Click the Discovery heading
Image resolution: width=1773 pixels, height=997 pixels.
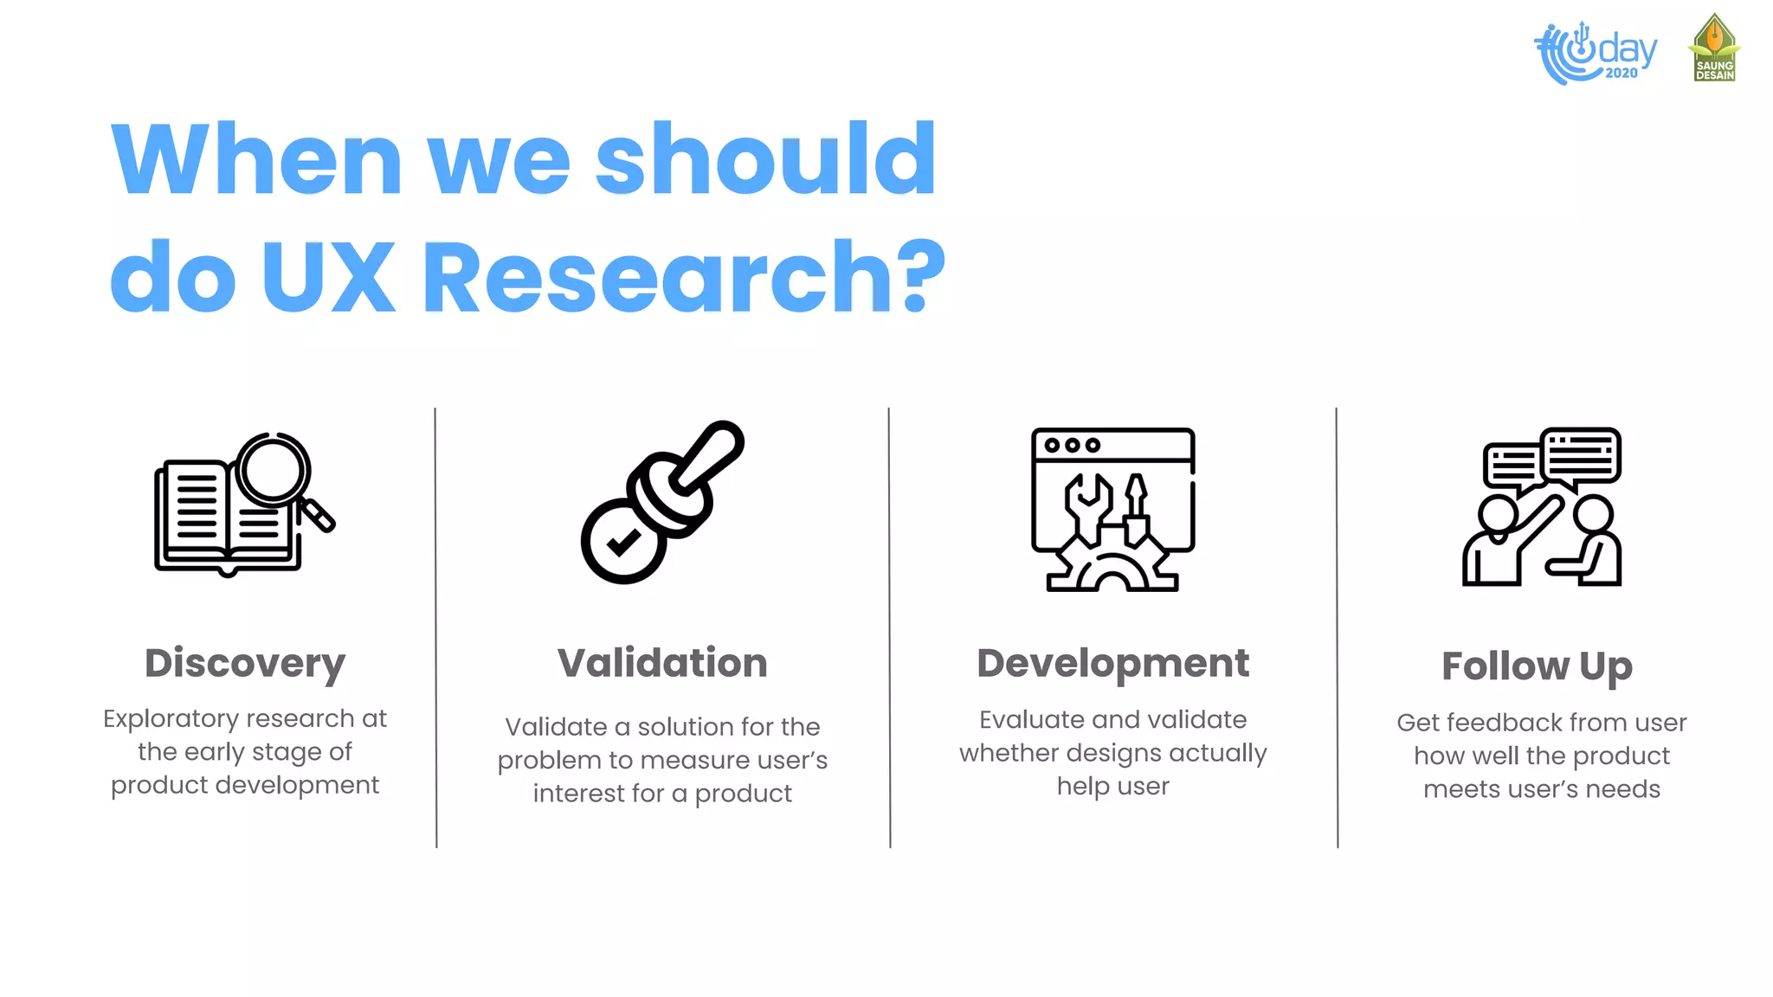[245, 664]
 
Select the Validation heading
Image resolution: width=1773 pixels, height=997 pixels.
[662, 664]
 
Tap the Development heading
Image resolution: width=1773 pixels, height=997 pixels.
[1112, 664]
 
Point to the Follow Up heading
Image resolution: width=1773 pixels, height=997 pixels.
[1537, 666]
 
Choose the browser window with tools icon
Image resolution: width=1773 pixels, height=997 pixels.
[1112, 509]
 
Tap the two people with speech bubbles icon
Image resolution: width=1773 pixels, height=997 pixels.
[1542, 507]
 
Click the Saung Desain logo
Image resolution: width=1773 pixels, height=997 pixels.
[1714, 48]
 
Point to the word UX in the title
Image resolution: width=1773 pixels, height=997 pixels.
[328, 277]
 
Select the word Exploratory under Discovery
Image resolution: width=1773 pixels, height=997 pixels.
[171, 719]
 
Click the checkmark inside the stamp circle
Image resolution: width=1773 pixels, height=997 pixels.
[623, 543]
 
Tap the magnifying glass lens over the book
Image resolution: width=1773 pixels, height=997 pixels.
[274, 470]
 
